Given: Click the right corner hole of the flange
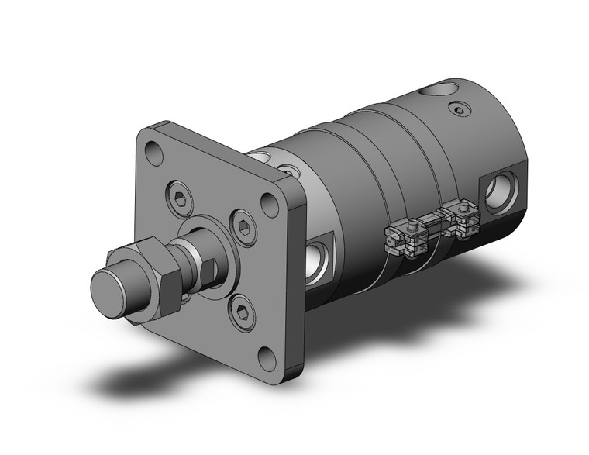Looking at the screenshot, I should click(269, 205).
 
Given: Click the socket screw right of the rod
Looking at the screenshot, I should click(244, 228).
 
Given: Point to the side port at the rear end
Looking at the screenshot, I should click(497, 195).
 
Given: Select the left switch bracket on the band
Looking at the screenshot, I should click(406, 235).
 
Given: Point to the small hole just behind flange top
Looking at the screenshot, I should click(287, 167).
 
